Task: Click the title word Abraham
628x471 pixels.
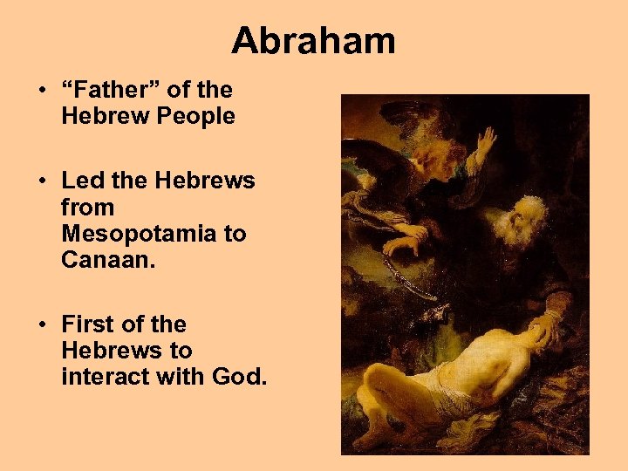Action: tap(313, 40)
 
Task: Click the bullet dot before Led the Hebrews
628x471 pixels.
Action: tap(43, 181)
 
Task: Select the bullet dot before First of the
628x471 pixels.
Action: tap(43, 325)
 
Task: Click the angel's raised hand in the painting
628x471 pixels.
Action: tap(485, 141)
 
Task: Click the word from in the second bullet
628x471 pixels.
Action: tap(87, 208)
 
